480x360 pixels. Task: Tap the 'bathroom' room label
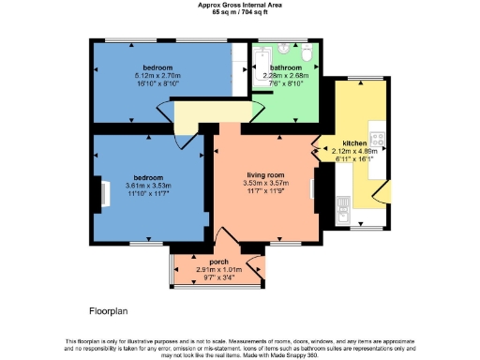286,68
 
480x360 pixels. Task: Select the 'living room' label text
265,174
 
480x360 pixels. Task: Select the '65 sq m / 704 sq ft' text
239,12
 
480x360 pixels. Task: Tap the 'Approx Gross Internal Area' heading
239,5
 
